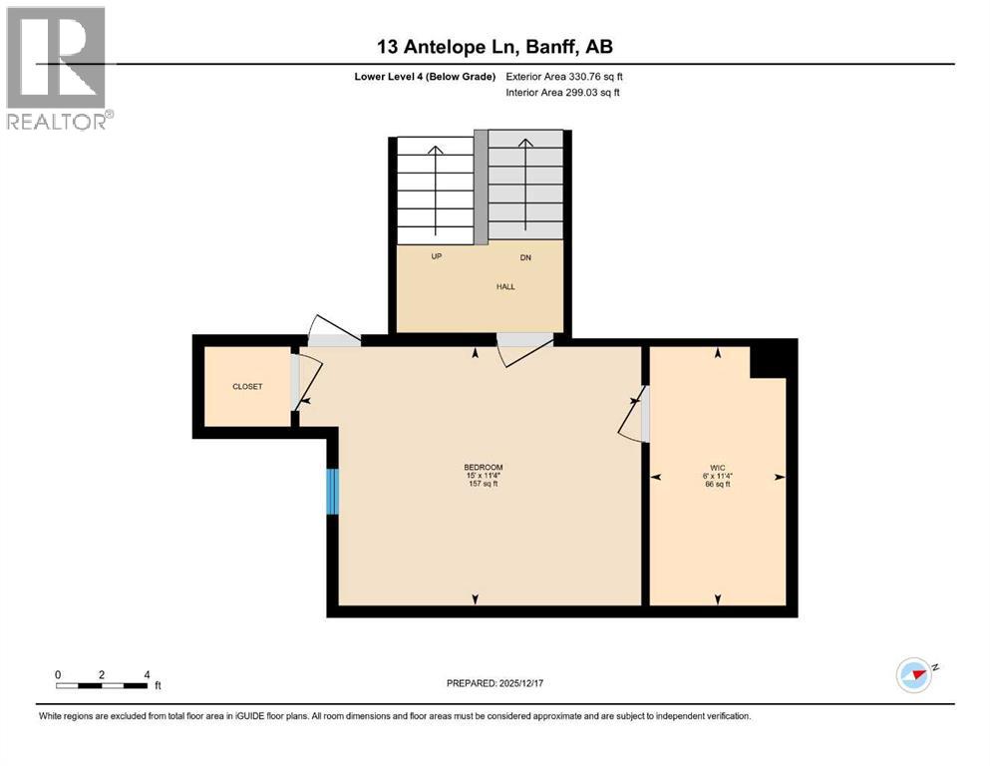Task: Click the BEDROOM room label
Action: click(x=483, y=468)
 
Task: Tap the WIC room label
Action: click(x=717, y=468)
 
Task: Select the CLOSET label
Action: click(x=247, y=386)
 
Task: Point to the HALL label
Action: click(x=505, y=286)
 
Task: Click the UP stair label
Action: click(x=437, y=256)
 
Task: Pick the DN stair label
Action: click(x=525, y=257)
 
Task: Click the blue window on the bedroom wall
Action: click(x=333, y=492)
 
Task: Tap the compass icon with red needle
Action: click(x=914, y=675)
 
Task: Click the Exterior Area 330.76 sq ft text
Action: click(x=564, y=77)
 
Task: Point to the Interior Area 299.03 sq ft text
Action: click(x=562, y=92)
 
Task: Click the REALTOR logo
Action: click(x=59, y=68)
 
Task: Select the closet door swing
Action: click(x=307, y=382)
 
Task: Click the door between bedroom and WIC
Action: click(x=633, y=414)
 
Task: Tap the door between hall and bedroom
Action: click(x=525, y=349)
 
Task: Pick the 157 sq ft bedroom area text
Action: click(x=483, y=484)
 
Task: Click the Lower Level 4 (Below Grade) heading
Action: click(x=425, y=77)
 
